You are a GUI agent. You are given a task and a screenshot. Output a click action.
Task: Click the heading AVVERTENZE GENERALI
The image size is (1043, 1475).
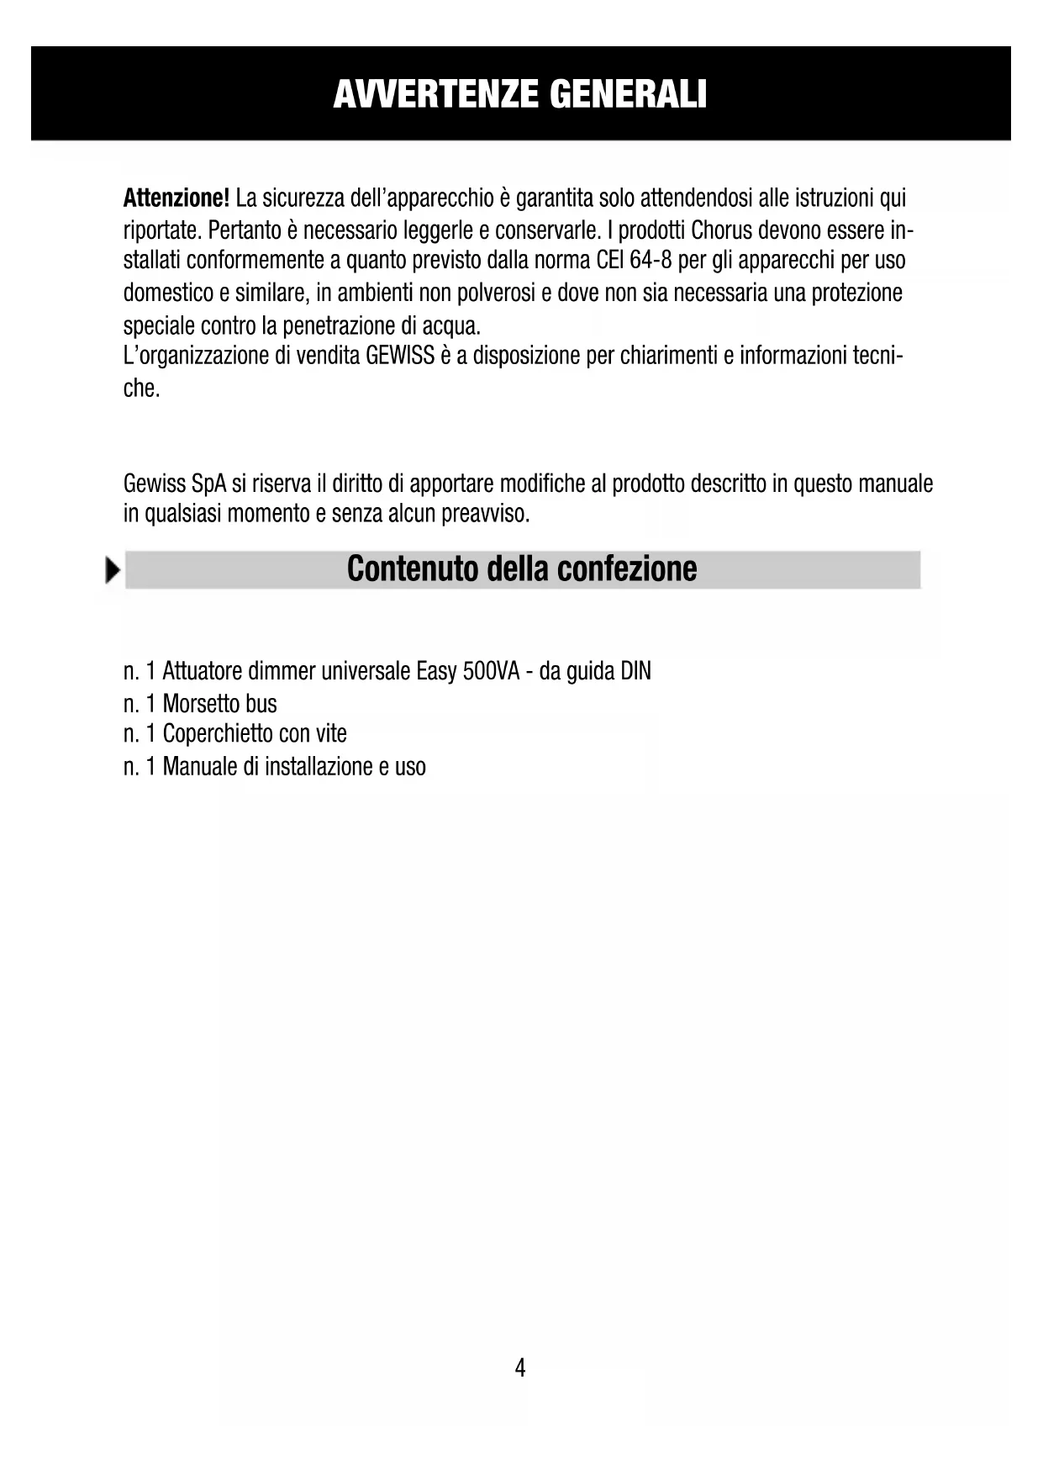point(520,94)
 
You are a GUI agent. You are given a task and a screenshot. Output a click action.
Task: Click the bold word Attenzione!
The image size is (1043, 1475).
point(176,198)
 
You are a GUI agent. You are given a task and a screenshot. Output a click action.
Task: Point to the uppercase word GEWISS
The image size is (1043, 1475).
point(400,356)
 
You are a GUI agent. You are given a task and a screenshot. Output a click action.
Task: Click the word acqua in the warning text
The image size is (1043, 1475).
point(453,325)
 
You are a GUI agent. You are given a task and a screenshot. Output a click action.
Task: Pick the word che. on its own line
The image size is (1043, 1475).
point(141,389)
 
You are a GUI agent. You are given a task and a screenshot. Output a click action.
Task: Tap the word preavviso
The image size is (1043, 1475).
point(485,513)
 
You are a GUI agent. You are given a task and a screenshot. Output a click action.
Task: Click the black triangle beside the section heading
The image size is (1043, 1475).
point(113,570)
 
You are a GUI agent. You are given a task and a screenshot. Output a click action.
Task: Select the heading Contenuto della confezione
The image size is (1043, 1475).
point(522,569)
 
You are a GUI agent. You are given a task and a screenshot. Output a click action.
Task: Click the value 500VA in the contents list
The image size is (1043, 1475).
point(491,672)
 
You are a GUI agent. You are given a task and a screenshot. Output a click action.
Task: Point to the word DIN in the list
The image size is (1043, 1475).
point(635,672)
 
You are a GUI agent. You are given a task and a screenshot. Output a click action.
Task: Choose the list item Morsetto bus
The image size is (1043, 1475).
point(219,704)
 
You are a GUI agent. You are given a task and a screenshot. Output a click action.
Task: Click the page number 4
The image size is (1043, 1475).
point(520,1368)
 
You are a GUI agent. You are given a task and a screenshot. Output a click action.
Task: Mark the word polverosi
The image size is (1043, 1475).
point(491,293)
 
